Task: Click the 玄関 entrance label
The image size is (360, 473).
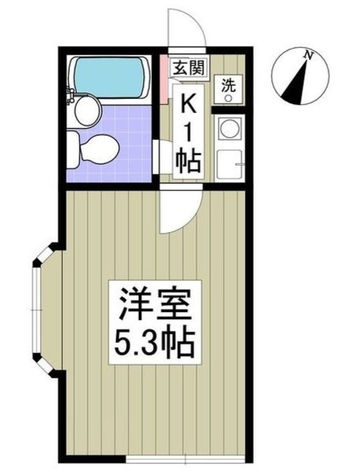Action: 188,67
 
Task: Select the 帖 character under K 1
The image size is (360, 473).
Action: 188,162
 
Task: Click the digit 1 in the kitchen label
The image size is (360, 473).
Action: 188,131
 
